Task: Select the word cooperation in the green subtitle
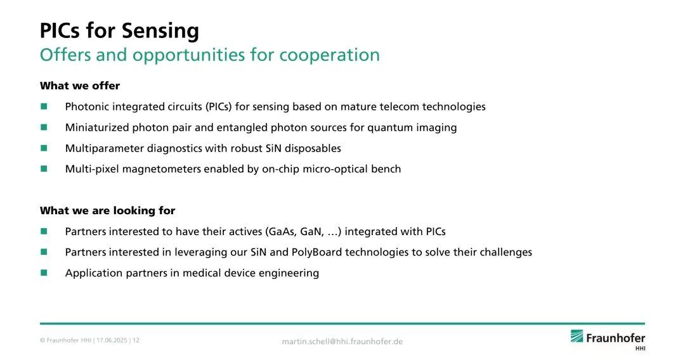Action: tap(329, 55)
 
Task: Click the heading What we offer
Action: tap(80, 86)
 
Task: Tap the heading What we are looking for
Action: tap(107, 211)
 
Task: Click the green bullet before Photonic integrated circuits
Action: tap(44, 106)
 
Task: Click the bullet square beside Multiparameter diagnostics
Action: tap(44, 148)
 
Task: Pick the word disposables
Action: tap(313, 148)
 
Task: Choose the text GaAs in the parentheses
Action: tap(282, 232)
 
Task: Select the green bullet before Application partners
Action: tap(44, 273)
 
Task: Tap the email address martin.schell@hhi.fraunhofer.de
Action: tap(342, 342)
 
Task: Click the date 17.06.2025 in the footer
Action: tap(112, 340)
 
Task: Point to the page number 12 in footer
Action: tap(136, 340)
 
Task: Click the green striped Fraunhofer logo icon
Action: tap(577, 337)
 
